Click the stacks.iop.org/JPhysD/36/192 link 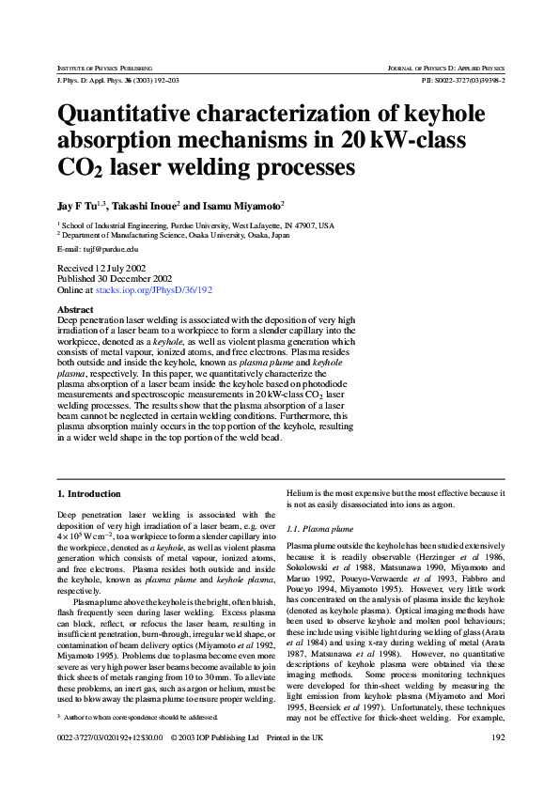point(155,290)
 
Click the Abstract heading point(75,309)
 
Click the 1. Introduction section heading point(89,493)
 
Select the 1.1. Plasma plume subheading point(319,529)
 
